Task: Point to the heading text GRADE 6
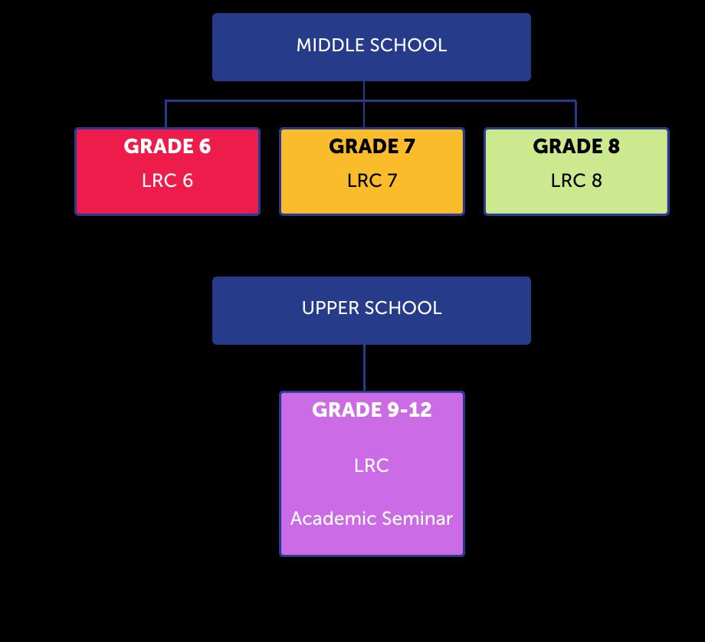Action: coord(167,146)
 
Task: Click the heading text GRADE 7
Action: coord(372,146)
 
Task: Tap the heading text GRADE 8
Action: coord(576,146)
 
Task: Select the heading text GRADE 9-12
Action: coord(372,410)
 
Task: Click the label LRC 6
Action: coord(167,181)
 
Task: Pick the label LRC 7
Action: coord(372,181)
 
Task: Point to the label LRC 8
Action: coord(576,181)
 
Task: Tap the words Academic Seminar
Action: coord(372,519)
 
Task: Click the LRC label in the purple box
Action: coord(372,466)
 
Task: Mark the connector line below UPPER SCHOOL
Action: coord(364,368)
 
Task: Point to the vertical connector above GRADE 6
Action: coord(166,115)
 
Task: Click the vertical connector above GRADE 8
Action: coord(575,115)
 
